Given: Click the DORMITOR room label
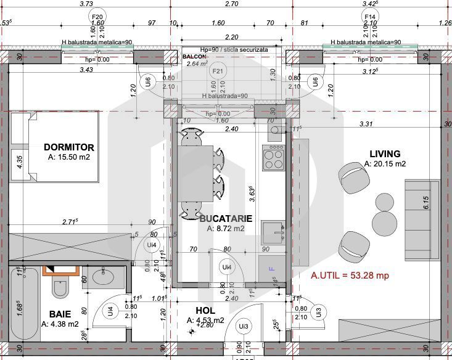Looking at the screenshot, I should click(x=69, y=147).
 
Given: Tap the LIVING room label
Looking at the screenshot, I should click(x=385, y=154).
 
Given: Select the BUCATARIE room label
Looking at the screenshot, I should click(x=226, y=218).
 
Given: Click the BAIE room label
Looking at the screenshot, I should click(x=60, y=314).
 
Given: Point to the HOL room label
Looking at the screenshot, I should click(x=205, y=311).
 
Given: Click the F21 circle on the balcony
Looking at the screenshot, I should click(x=217, y=72).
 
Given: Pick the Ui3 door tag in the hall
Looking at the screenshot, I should click(x=244, y=326).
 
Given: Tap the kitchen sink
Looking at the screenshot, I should click(x=272, y=232).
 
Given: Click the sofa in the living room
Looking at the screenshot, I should click(x=421, y=219).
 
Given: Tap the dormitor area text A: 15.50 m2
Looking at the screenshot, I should click(x=69, y=158).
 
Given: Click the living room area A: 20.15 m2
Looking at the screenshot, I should click(x=385, y=164).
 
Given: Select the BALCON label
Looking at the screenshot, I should click(x=195, y=56).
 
